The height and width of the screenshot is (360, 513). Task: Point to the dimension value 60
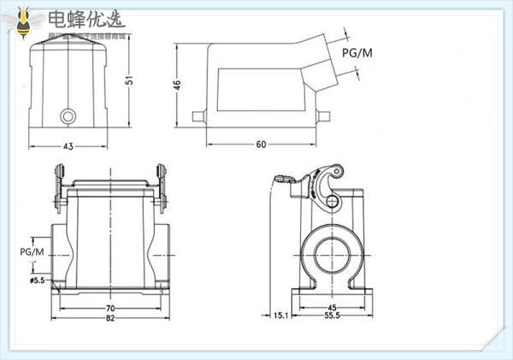pos(261,143)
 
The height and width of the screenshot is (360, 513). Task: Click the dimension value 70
pos(110,309)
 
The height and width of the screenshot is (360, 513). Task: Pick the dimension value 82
pos(110,320)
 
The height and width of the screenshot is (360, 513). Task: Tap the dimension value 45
pos(333,309)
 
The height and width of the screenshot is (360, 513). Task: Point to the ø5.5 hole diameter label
pos(38,280)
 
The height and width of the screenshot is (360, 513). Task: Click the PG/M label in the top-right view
pos(357,53)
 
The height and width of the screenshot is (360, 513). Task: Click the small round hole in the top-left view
pos(67,115)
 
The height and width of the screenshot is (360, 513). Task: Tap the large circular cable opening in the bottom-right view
pos(333,252)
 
